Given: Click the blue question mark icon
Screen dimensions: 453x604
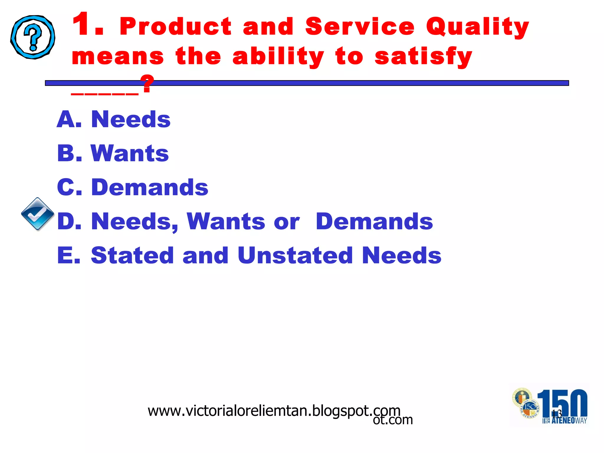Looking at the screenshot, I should pos(33,37).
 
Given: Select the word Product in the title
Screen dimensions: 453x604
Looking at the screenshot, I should pos(176,27).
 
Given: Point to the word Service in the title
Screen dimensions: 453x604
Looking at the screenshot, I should pos(360,27).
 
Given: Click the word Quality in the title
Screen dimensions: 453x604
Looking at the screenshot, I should pos(477,27).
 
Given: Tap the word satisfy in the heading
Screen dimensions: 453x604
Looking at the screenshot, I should pos(424,57).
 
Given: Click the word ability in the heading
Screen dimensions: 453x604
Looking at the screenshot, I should pos(278,57).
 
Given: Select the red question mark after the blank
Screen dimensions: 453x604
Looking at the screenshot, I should pos(147,84).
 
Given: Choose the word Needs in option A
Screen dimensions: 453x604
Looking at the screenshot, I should pos(131,119).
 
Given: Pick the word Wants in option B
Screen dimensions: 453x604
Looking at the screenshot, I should pos(130,153).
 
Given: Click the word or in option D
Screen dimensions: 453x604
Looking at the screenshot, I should pos(287,222).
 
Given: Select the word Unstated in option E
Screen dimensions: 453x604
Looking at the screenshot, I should pos(295,255).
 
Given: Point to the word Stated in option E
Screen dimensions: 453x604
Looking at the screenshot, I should pos(132,255).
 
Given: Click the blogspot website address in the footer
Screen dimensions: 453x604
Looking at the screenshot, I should pos(274,411).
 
